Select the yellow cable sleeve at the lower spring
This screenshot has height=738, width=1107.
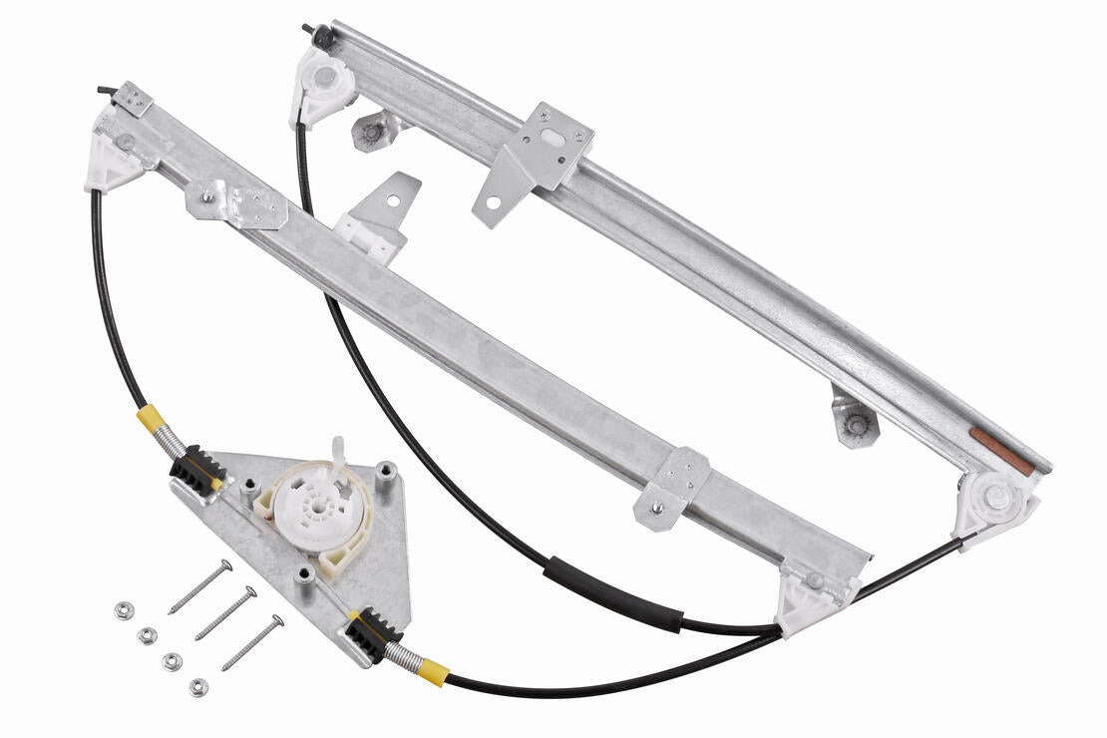point(432,670)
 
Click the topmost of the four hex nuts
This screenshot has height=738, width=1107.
point(123,610)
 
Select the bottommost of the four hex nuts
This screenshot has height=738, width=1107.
point(197,686)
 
